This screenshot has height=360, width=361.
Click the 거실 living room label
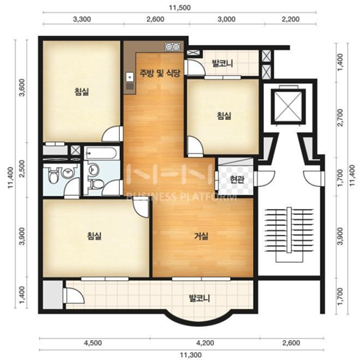tap(201, 236)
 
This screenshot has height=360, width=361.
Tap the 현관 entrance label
tap(237, 180)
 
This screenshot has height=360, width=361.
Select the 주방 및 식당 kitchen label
tap(160, 73)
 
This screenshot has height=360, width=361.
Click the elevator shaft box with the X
tap(288, 106)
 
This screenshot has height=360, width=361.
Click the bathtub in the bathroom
tap(101, 153)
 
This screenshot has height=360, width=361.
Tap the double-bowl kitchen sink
tap(173, 46)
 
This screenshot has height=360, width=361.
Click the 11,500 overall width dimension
tap(179, 8)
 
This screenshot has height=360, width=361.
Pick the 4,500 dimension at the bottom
tap(93, 342)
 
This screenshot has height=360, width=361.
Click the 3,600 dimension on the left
tap(22, 88)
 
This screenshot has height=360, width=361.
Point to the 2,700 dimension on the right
tap(340, 118)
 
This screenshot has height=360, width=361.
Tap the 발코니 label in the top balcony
tap(222, 63)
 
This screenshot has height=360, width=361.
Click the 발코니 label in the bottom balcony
tap(199, 299)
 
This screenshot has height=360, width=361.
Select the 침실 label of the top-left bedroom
tap(82, 92)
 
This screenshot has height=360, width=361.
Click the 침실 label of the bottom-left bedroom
tap(94, 236)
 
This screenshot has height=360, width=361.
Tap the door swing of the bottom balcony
tap(74, 295)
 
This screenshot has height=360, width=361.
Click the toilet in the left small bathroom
tap(53, 175)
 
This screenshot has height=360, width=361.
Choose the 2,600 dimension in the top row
tap(155, 19)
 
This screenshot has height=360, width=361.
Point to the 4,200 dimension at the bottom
tap(205, 342)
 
